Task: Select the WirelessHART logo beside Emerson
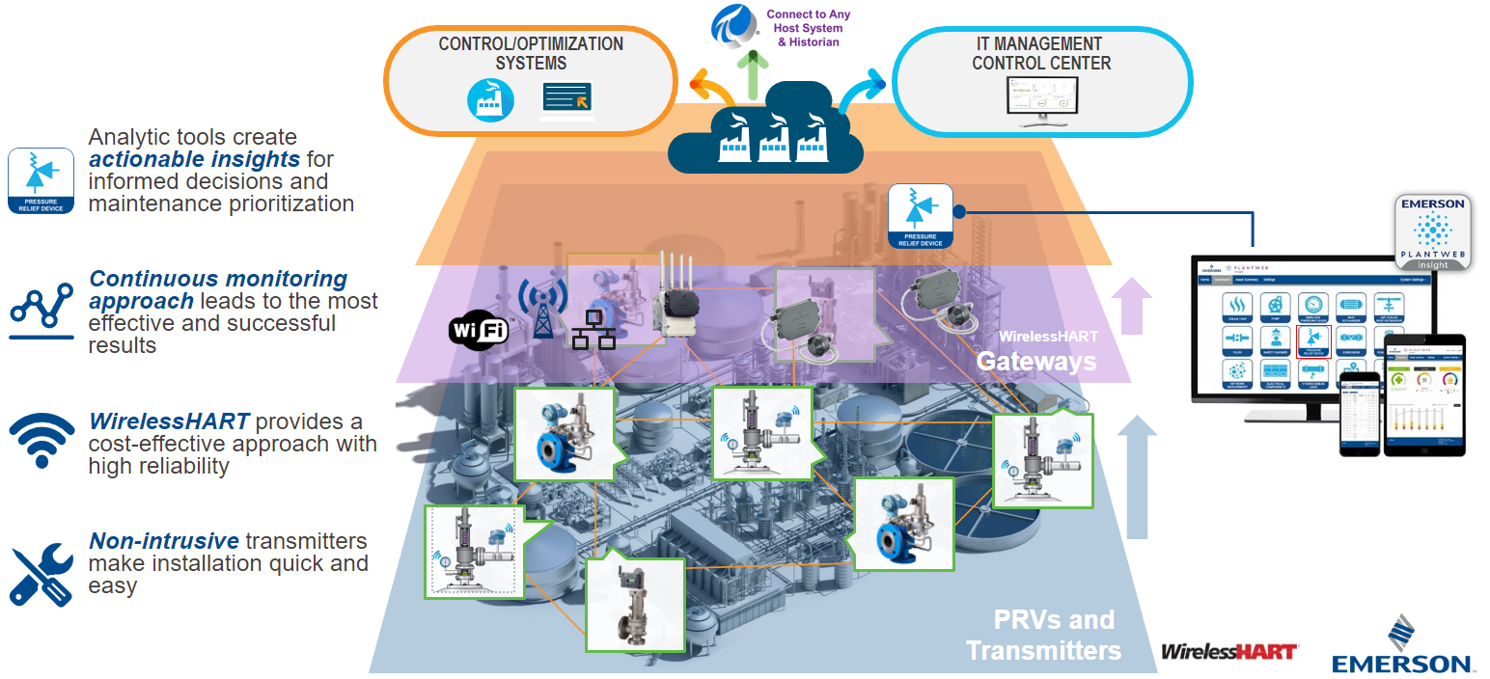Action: click(1229, 652)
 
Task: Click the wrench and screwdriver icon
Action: click(41, 574)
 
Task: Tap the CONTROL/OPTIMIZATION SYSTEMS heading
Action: click(531, 53)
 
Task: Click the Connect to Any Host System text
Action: click(808, 28)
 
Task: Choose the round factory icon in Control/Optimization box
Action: click(490, 99)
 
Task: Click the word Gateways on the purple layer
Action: click(1035, 361)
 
